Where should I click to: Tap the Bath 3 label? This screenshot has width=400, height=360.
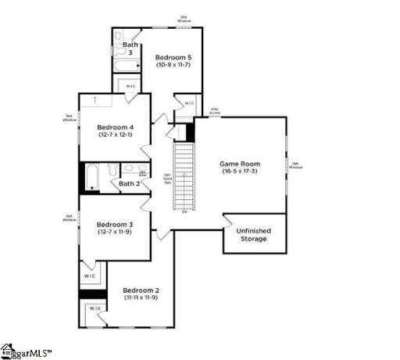pos(130,48)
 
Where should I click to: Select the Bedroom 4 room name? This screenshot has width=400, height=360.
pos(115,127)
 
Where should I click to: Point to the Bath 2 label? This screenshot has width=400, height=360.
pos(129,184)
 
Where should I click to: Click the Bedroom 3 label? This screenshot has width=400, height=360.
pos(115,223)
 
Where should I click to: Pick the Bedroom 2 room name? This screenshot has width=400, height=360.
pos(141,289)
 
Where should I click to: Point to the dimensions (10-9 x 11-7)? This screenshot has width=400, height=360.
pos(172,66)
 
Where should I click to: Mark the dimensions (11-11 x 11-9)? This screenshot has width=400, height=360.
pos(141,298)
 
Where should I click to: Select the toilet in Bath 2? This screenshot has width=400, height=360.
pos(111,170)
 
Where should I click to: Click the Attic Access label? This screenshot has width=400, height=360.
pos(215,112)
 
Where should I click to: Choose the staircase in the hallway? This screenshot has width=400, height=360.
pos(183,176)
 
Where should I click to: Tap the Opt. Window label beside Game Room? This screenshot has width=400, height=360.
pos(295,165)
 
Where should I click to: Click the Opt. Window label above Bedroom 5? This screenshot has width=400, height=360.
pos(184,19)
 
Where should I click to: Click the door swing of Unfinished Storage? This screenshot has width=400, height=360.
pos(230,221)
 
